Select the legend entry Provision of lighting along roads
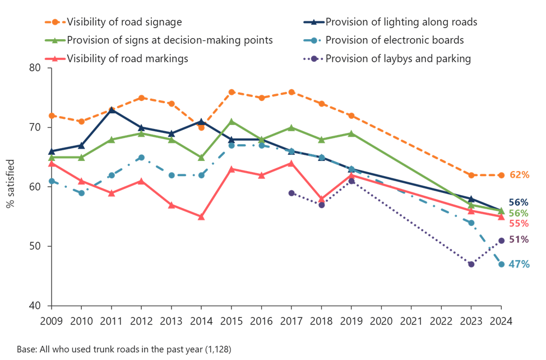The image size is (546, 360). coord(401,23)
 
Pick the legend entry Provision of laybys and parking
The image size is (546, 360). coord(398,58)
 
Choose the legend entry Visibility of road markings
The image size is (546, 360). coord(127,58)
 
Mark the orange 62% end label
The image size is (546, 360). coord(519,175)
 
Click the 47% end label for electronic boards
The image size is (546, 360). coord(519,264)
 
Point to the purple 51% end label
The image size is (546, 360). coord(519,240)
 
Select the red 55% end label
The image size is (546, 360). coord(519,224)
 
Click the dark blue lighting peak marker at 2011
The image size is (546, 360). coord(112,110)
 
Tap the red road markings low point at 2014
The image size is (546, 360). coord(201,216)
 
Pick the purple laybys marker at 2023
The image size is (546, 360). coord(471,264)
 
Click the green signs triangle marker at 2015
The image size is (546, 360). coord(232,121)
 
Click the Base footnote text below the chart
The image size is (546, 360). coord(123,349)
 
